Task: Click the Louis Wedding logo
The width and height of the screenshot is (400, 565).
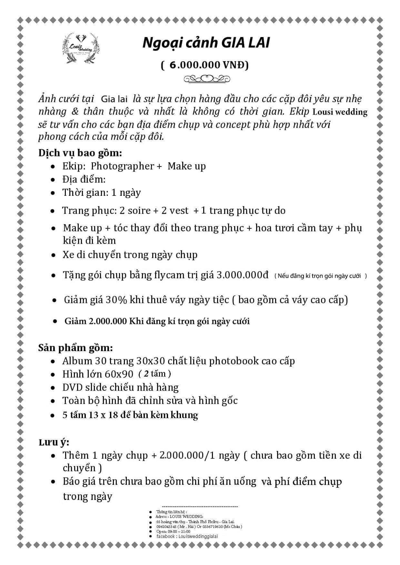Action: (81, 48)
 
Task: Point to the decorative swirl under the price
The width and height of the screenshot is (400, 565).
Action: (206, 79)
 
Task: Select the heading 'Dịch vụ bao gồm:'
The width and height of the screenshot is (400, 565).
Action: (80, 153)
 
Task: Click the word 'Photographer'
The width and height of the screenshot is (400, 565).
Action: (123, 166)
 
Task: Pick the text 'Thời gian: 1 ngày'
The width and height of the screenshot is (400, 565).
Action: (102, 193)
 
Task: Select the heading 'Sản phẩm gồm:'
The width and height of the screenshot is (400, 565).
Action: (76, 348)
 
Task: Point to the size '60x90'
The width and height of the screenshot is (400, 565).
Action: (119, 374)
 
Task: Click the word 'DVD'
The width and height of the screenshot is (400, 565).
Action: (72, 387)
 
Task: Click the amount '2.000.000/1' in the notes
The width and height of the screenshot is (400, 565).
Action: (187, 455)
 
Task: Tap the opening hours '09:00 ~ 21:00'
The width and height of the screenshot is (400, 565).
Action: (179, 531)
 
